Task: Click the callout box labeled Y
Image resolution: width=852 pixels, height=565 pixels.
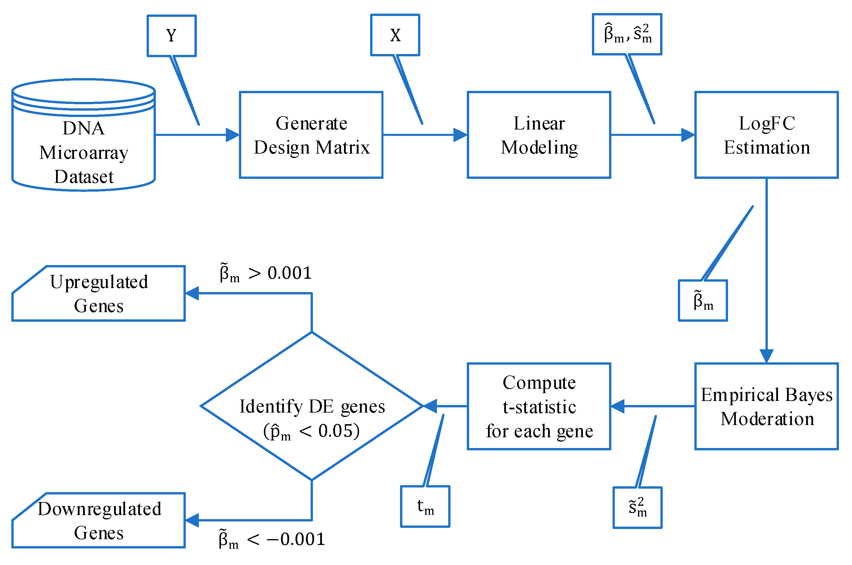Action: coord(172,36)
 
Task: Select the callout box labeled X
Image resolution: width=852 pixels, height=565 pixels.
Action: coord(395,35)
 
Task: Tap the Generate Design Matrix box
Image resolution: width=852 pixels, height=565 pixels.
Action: coord(311,135)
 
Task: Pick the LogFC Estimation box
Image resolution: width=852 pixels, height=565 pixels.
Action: coord(766,135)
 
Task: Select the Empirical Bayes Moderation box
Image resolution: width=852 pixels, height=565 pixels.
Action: coord(766,406)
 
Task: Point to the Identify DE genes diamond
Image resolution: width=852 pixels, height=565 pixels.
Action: coord(311,406)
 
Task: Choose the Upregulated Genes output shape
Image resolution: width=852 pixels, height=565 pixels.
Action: coord(98,293)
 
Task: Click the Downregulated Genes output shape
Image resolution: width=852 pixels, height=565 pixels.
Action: coord(98,520)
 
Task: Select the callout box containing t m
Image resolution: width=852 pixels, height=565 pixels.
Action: coord(425,506)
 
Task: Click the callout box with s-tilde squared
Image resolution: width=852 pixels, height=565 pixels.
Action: coord(637,507)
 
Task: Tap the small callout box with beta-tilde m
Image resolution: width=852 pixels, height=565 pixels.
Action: coord(703,300)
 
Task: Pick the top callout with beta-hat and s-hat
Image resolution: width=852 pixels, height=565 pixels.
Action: coord(627,34)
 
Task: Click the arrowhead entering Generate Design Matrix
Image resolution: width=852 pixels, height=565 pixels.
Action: coord(232,135)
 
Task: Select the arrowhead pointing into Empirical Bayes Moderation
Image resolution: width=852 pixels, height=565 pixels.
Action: coord(766,356)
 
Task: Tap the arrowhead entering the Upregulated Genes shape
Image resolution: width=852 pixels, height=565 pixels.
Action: coord(192,293)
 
